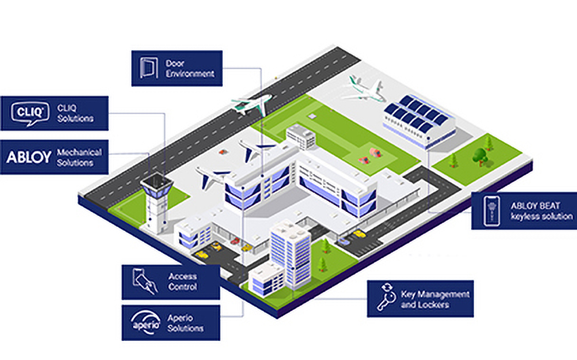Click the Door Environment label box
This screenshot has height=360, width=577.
point(176,68)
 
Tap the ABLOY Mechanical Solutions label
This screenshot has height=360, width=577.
point(54,157)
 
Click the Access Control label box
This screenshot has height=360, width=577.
point(170,281)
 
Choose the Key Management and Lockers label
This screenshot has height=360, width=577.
point(419,298)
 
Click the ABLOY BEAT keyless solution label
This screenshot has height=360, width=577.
point(523,211)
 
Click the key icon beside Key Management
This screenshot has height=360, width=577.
point(386,298)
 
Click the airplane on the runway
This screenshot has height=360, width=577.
point(251,104)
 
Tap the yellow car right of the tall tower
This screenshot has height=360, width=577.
point(358,234)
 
